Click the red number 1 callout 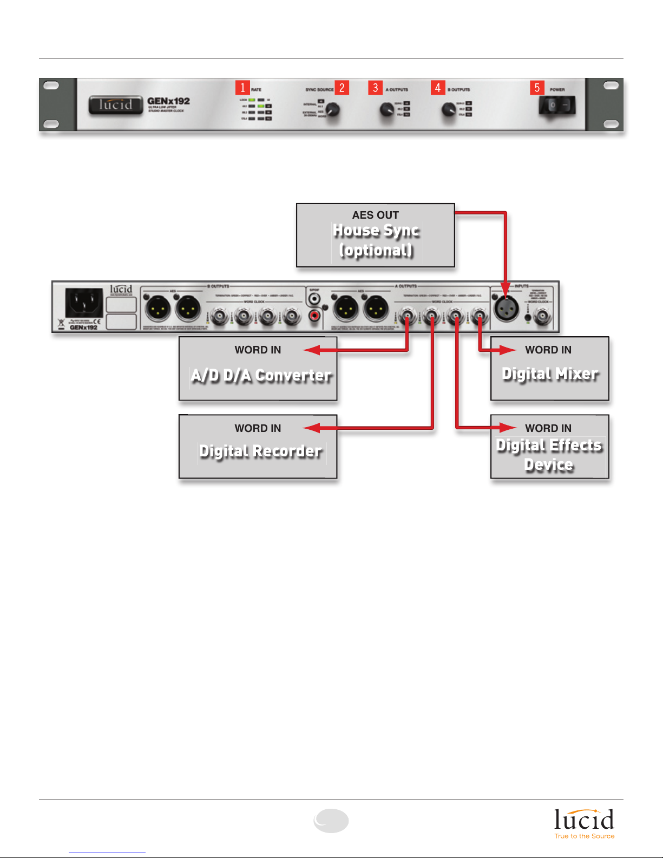coord(242,88)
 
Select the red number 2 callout coord(342,88)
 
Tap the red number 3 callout coord(376,88)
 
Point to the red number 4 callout coord(438,88)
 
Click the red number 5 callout coord(537,88)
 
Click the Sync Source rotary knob coord(333,110)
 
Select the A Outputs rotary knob coord(386,110)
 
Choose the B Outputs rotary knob coord(449,110)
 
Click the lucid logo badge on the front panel coord(115,104)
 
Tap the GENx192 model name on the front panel coord(168,101)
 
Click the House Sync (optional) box coord(375,235)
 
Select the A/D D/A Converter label coord(261,375)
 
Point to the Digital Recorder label coord(260,451)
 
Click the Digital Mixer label coord(550,374)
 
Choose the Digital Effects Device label coord(549,455)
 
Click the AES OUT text coord(375,215)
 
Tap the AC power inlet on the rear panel coord(84,303)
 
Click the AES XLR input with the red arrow coord(506,309)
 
